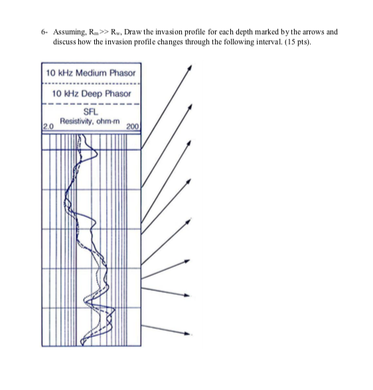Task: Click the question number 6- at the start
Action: coord(44,32)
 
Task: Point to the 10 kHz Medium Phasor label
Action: coord(91,73)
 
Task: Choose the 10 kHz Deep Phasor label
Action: coord(91,94)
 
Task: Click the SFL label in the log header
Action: coord(91,112)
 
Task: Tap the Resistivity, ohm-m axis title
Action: coord(90,122)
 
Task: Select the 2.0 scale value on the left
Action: coord(48,127)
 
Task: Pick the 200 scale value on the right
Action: coord(133,127)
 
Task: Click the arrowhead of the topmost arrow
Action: coord(190,67)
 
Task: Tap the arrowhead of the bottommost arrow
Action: coord(188,334)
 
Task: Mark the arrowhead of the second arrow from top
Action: coord(190,106)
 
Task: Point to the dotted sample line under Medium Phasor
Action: coord(91,84)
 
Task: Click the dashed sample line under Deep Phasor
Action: coord(91,104)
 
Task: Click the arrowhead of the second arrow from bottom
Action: coord(187,295)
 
